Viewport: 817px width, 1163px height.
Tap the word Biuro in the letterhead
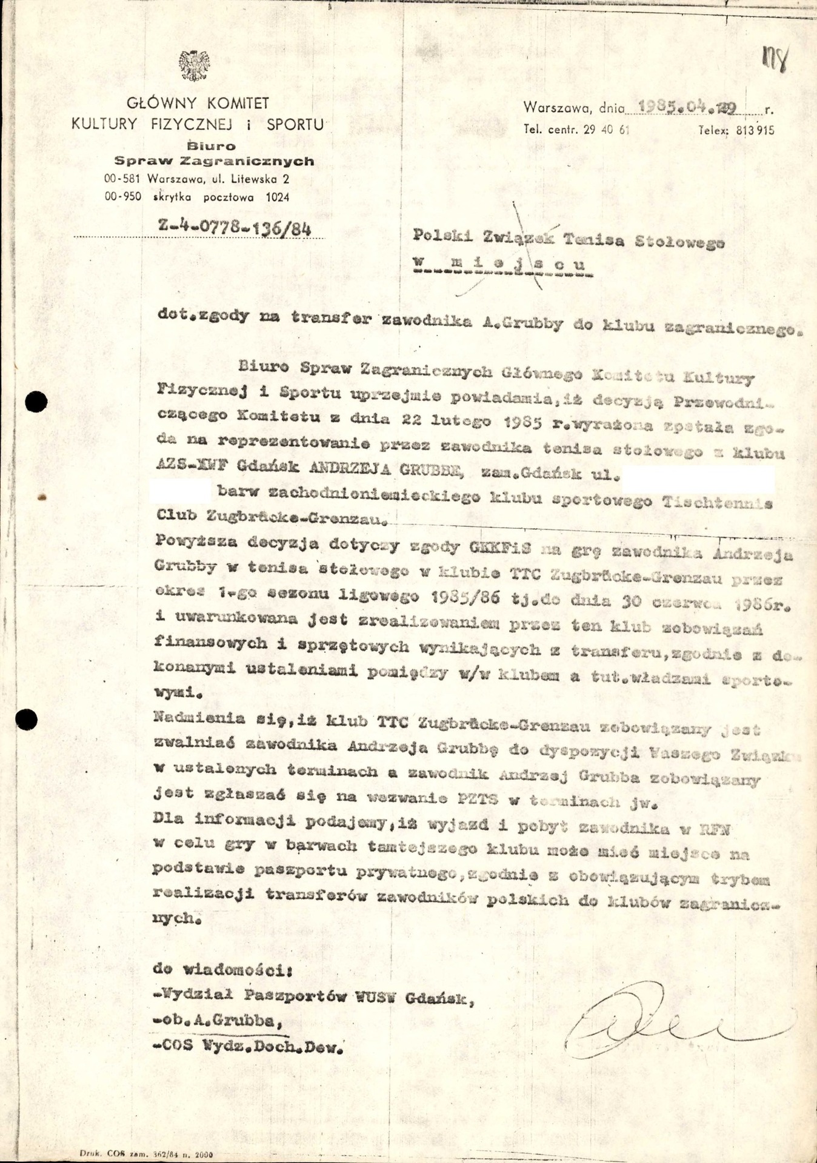[212, 146]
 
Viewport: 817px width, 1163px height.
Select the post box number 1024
[277, 197]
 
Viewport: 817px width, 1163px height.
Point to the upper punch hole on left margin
[37, 401]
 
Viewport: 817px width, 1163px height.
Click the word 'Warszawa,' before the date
[558, 108]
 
